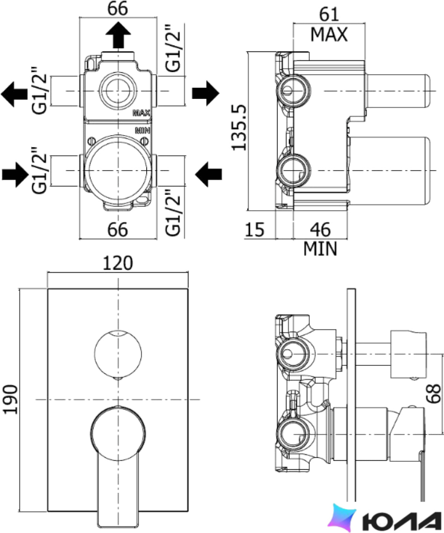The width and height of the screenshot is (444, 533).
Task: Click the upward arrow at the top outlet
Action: pos(118,34)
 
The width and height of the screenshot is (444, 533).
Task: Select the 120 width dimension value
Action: pos(118,264)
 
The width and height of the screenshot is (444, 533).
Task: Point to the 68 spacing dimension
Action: pos(434,393)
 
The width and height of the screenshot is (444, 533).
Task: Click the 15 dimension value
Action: pos(255,230)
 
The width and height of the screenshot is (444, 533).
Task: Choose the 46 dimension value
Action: pos(320,230)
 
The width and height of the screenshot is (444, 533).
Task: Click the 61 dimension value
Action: pos(329,14)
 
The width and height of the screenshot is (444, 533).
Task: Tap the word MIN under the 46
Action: pos(320,249)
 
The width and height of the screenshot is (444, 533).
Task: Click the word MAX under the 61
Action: pos(329,34)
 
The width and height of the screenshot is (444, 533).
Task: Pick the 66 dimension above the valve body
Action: pos(118,9)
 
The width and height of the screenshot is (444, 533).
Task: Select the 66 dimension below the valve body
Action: pos(118,230)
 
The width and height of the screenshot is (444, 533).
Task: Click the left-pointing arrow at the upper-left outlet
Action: pos(14,94)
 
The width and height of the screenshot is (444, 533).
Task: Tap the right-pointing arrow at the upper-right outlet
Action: pos(206,93)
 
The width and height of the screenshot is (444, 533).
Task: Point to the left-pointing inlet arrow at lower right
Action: pos(209,174)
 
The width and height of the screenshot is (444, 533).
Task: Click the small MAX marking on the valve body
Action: pos(141,113)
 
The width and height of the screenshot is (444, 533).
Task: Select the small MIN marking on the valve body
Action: pos(143,130)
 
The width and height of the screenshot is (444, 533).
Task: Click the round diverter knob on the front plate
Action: pos(118,354)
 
